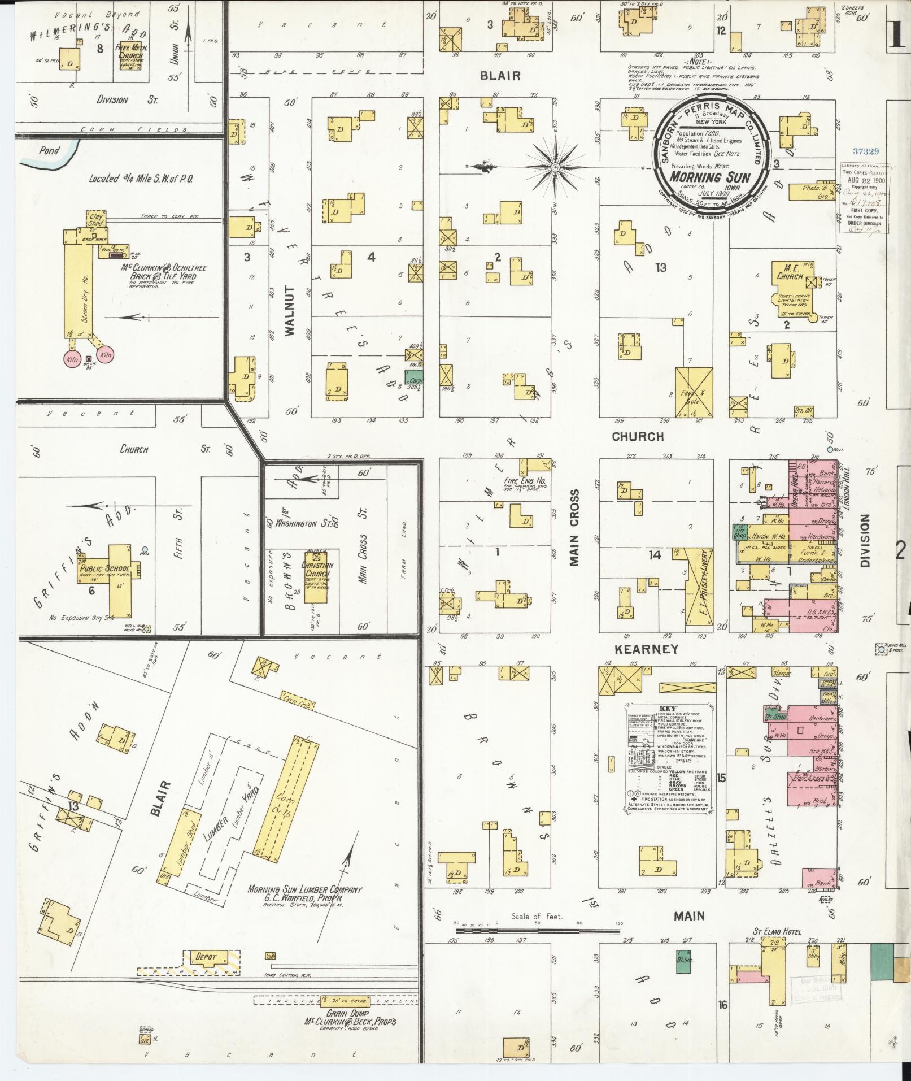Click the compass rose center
pos(555,167)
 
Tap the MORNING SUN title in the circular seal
pos(709,177)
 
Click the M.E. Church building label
pos(789,273)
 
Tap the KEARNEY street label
pos(646,649)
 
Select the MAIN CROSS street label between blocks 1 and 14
pos(574,527)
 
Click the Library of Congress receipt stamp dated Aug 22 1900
pos(863,198)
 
